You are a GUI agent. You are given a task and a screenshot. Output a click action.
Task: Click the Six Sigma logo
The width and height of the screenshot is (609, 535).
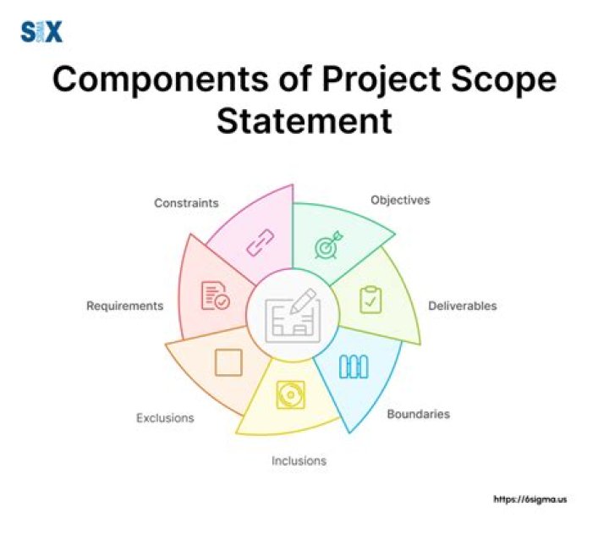click(41, 32)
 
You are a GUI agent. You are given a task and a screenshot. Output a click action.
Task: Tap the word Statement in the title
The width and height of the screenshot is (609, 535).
click(304, 121)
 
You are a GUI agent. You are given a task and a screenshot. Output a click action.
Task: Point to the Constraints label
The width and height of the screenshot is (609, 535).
click(186, 203)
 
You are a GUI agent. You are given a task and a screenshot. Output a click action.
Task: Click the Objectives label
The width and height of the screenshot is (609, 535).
click(400, 201)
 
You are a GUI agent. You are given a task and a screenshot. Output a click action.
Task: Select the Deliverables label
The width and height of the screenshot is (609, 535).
click(462, 306)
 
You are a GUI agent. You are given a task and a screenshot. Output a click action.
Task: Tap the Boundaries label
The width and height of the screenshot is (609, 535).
click(418, 415)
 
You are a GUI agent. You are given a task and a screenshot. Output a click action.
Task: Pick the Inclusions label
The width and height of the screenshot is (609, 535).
click(299, 461)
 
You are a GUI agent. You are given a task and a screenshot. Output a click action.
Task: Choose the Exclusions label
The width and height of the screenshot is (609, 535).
click(165, 418)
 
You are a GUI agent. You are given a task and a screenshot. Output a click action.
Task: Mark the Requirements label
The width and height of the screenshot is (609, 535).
click(125, 306)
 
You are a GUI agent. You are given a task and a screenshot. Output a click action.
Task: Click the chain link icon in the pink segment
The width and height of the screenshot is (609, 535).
click(256, 246)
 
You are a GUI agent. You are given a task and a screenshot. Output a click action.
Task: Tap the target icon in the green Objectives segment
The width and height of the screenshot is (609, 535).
click(326, 246)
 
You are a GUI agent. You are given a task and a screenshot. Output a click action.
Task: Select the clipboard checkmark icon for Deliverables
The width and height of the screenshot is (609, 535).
click(370, 299)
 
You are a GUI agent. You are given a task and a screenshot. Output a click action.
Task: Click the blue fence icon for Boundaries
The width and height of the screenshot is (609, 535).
click(353, 366)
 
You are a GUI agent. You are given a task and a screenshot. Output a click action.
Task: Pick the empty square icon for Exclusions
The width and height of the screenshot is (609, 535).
click(228, 362)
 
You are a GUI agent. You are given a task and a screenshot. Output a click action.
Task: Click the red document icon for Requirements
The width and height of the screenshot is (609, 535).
click(215, 296)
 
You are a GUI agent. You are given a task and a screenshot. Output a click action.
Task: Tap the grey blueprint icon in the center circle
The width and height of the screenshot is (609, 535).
click(292, 314)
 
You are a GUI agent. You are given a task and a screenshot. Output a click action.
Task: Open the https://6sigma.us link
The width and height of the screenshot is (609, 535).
click(530, 499)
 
